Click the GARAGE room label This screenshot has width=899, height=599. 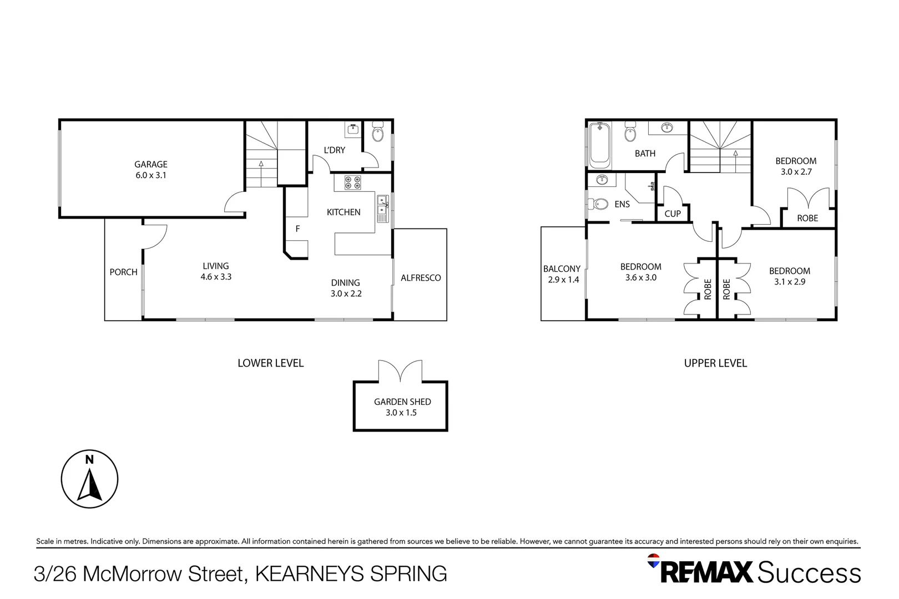coord(150,164)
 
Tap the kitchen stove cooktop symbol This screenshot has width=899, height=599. coord(352,182)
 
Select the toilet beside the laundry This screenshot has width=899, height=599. coord(377,133)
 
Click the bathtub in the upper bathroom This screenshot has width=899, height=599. coord(600,145)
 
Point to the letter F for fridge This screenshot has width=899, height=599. coord(297,229)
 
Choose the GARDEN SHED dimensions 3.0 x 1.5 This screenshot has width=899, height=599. coord(401,413)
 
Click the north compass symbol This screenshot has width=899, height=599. coord(89,479)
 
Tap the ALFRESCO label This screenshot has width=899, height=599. coord(421,278)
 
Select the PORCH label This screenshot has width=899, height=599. coord(123,272)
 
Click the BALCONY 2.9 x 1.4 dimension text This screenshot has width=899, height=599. coord(563,280)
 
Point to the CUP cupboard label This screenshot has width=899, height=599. coord(672,214)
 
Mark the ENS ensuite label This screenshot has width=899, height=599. coord(622,204)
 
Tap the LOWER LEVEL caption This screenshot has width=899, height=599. coord(270,363)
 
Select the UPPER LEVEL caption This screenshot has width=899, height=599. coord(715,363)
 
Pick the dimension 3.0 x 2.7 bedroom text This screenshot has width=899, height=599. coord(796,172)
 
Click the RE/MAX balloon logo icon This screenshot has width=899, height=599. coord(654,560)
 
